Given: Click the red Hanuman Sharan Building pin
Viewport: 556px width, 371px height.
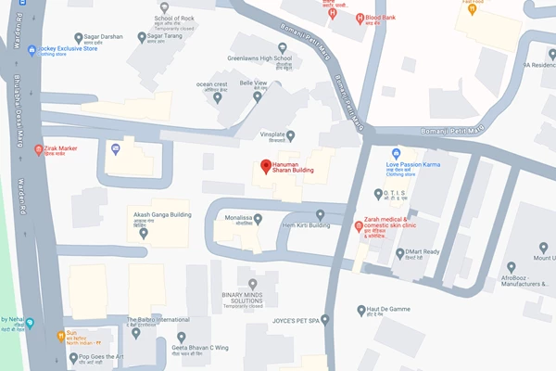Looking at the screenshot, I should [264, 167].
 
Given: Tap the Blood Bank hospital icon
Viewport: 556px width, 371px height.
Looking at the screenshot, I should [360, 18].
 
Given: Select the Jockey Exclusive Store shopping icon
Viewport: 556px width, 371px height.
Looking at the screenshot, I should [32, 50].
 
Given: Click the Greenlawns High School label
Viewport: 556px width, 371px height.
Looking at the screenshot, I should [259, 58].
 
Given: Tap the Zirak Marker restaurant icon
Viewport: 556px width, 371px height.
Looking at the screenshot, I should [38, 149].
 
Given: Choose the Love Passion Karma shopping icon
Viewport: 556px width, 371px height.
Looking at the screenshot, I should [397, 153].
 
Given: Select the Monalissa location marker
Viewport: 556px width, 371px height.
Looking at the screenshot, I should [259, 219].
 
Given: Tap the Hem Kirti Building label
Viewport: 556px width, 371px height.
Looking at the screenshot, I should [306, 224].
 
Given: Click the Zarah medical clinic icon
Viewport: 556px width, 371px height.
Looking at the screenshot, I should [360, 225].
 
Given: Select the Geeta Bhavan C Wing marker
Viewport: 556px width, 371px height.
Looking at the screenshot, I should [182, 336].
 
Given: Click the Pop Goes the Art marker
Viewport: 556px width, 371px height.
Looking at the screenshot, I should [70, 357].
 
